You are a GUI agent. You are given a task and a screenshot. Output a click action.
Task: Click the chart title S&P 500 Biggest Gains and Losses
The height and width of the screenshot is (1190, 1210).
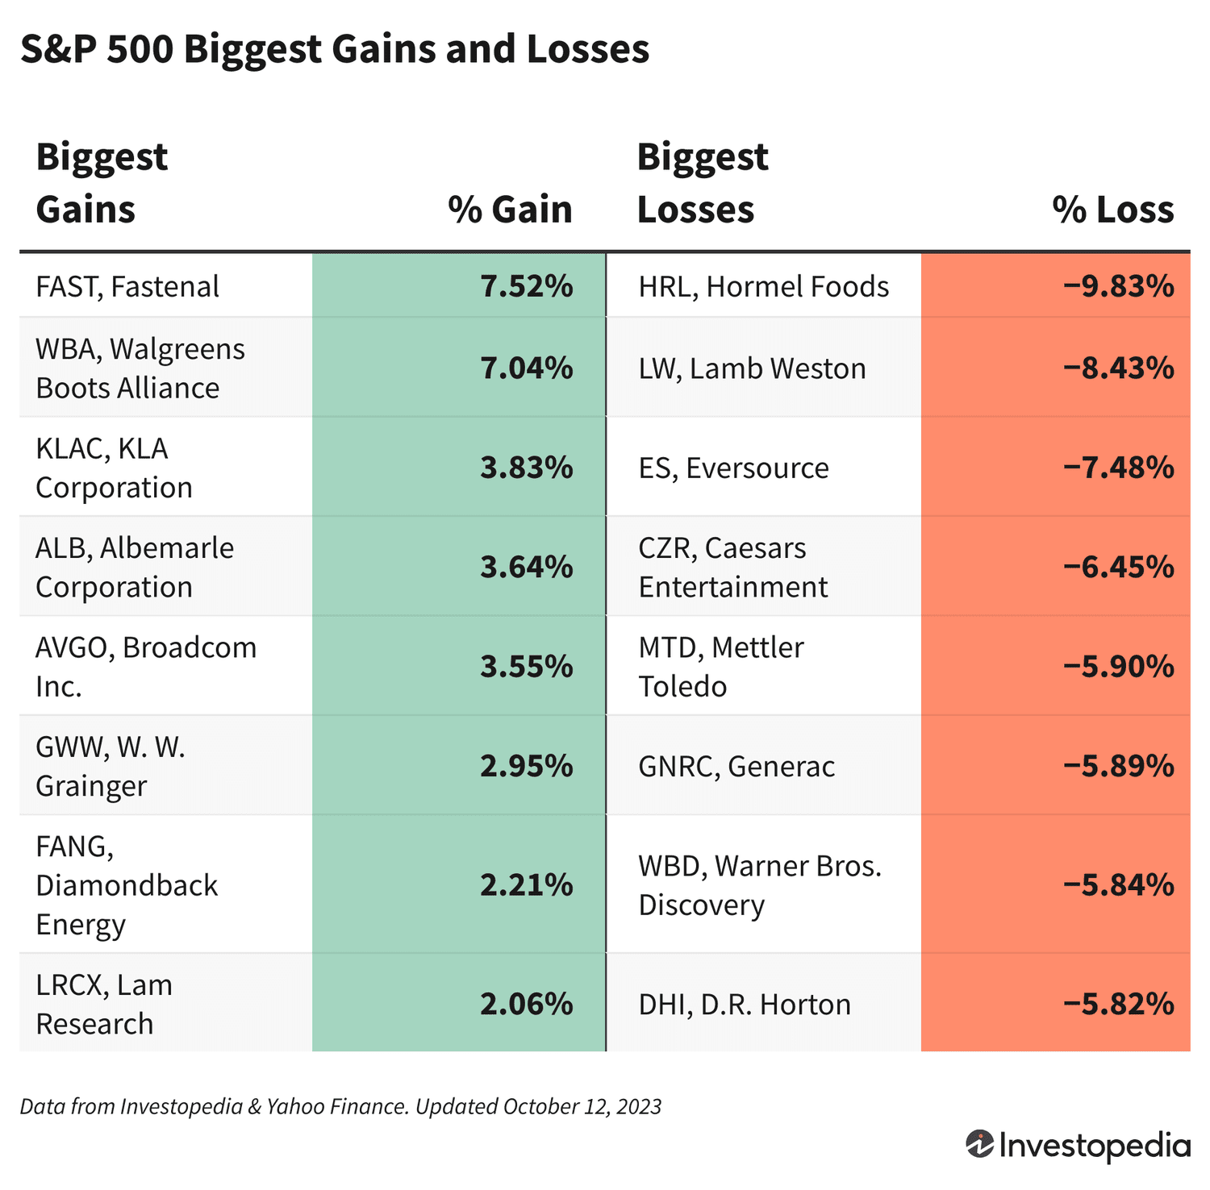334,50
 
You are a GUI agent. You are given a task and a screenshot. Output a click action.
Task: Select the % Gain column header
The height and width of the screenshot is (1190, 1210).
510,210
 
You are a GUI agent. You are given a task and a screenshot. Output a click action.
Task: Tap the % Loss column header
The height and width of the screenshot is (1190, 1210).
1112,210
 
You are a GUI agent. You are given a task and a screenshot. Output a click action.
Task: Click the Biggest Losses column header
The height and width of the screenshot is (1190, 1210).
702,183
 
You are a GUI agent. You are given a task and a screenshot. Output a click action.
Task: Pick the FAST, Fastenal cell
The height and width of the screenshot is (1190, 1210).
127,287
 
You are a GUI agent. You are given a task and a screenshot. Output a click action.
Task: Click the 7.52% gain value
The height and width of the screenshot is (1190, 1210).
526,287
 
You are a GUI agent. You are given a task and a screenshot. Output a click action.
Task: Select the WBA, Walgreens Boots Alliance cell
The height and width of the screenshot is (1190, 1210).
140,368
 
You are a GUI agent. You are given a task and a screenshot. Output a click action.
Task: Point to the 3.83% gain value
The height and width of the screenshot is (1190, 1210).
526,468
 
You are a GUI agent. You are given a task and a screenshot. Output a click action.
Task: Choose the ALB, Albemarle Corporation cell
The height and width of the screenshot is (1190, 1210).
134,568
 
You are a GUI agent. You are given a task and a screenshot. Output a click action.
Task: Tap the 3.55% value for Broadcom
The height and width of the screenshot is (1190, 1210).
526,667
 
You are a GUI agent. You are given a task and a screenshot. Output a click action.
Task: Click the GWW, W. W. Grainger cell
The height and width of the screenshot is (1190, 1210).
111,766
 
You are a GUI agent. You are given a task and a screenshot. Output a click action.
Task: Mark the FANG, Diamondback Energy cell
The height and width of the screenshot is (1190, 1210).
127,885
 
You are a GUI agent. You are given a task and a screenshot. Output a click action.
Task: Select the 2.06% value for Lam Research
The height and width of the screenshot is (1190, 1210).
526,1005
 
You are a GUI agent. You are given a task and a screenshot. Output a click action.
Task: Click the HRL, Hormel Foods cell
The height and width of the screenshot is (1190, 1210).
763,287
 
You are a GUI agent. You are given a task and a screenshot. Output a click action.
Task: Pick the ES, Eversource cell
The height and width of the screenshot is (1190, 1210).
733,468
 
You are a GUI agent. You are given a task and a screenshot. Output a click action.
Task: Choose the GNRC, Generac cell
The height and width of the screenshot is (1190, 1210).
736,766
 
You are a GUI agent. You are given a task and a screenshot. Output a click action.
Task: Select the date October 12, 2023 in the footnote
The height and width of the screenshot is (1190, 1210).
582,1107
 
